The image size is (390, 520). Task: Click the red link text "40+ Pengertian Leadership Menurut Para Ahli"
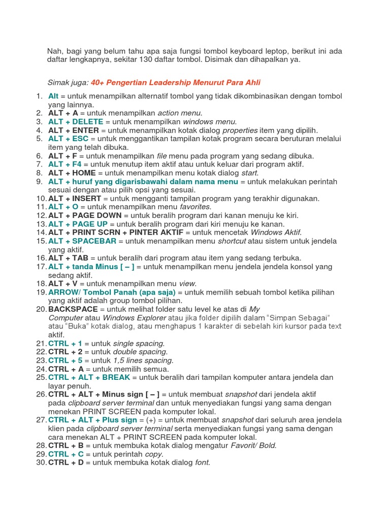tap(176, 82)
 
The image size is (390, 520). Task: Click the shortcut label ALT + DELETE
tap(76, 122)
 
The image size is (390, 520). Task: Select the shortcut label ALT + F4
tap(65, 164)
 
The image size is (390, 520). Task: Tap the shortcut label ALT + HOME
tap(72, 173)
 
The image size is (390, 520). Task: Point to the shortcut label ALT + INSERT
tap(75, 198)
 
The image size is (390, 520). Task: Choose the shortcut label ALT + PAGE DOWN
tap(85, 215)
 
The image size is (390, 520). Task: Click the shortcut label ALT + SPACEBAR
tap(82, 241)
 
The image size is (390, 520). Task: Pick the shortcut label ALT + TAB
tap(68, 258)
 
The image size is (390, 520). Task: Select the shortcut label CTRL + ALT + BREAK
tap(89, 377)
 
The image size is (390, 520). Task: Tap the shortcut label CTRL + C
tap(66, 454)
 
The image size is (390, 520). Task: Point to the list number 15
tap(41, 241)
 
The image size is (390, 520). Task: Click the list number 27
tap(41, 420)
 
